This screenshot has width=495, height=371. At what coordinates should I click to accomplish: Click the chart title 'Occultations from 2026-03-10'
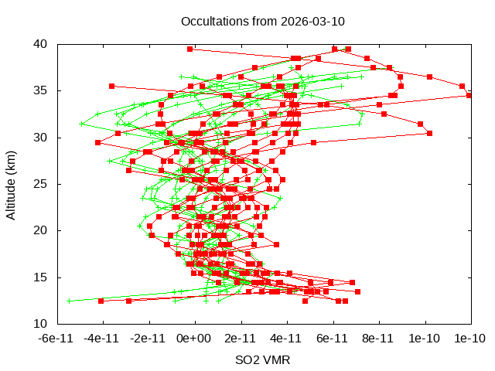[262, 21]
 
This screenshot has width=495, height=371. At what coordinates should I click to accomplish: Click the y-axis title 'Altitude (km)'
[11, 184]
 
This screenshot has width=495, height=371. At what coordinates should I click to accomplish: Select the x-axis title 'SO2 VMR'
[262, 360]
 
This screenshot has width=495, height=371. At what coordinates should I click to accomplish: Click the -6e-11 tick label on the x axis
[56, 338]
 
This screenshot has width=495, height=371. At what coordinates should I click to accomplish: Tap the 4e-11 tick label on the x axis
[286, 338]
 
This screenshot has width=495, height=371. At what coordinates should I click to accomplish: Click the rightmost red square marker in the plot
[469, 95]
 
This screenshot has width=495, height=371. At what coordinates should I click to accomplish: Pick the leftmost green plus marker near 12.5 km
[70, 301]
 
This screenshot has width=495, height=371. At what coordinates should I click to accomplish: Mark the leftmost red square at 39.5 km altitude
[190, 49]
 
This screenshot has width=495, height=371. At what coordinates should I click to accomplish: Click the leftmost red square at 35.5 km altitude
[111, 86]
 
